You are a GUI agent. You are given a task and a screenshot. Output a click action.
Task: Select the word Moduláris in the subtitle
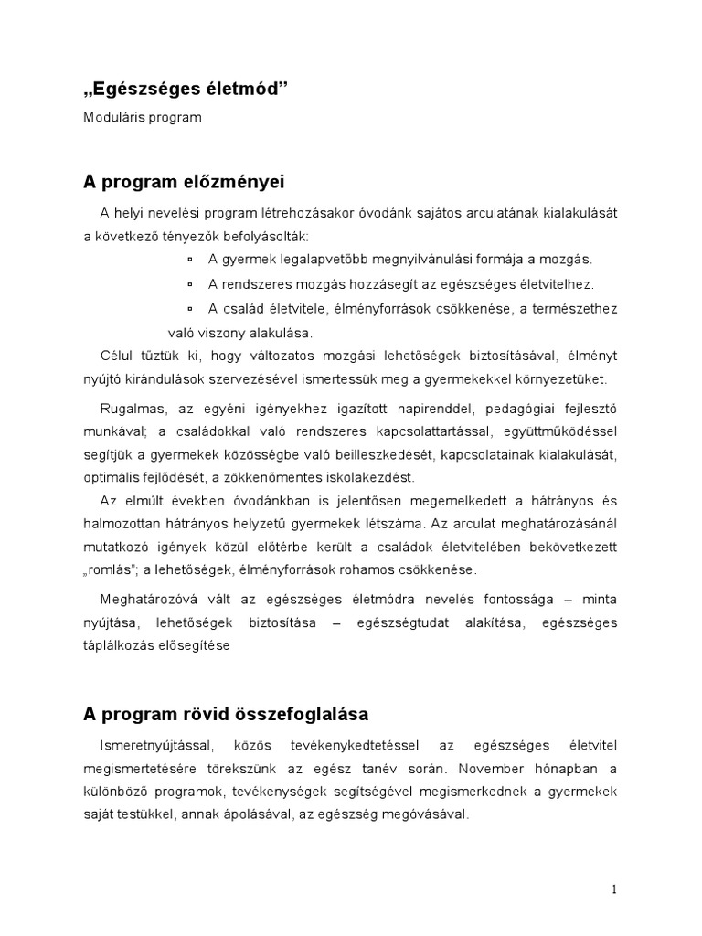pyautogui.click(x=114, y=119)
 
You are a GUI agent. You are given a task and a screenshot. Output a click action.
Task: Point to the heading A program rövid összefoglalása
pyautogui.click(x=227, y=713)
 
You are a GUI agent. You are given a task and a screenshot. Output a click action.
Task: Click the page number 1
pyautogui.click(x=615, y=888)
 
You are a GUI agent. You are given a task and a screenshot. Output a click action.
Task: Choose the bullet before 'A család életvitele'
pyautogui.click(x=190, y=309)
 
